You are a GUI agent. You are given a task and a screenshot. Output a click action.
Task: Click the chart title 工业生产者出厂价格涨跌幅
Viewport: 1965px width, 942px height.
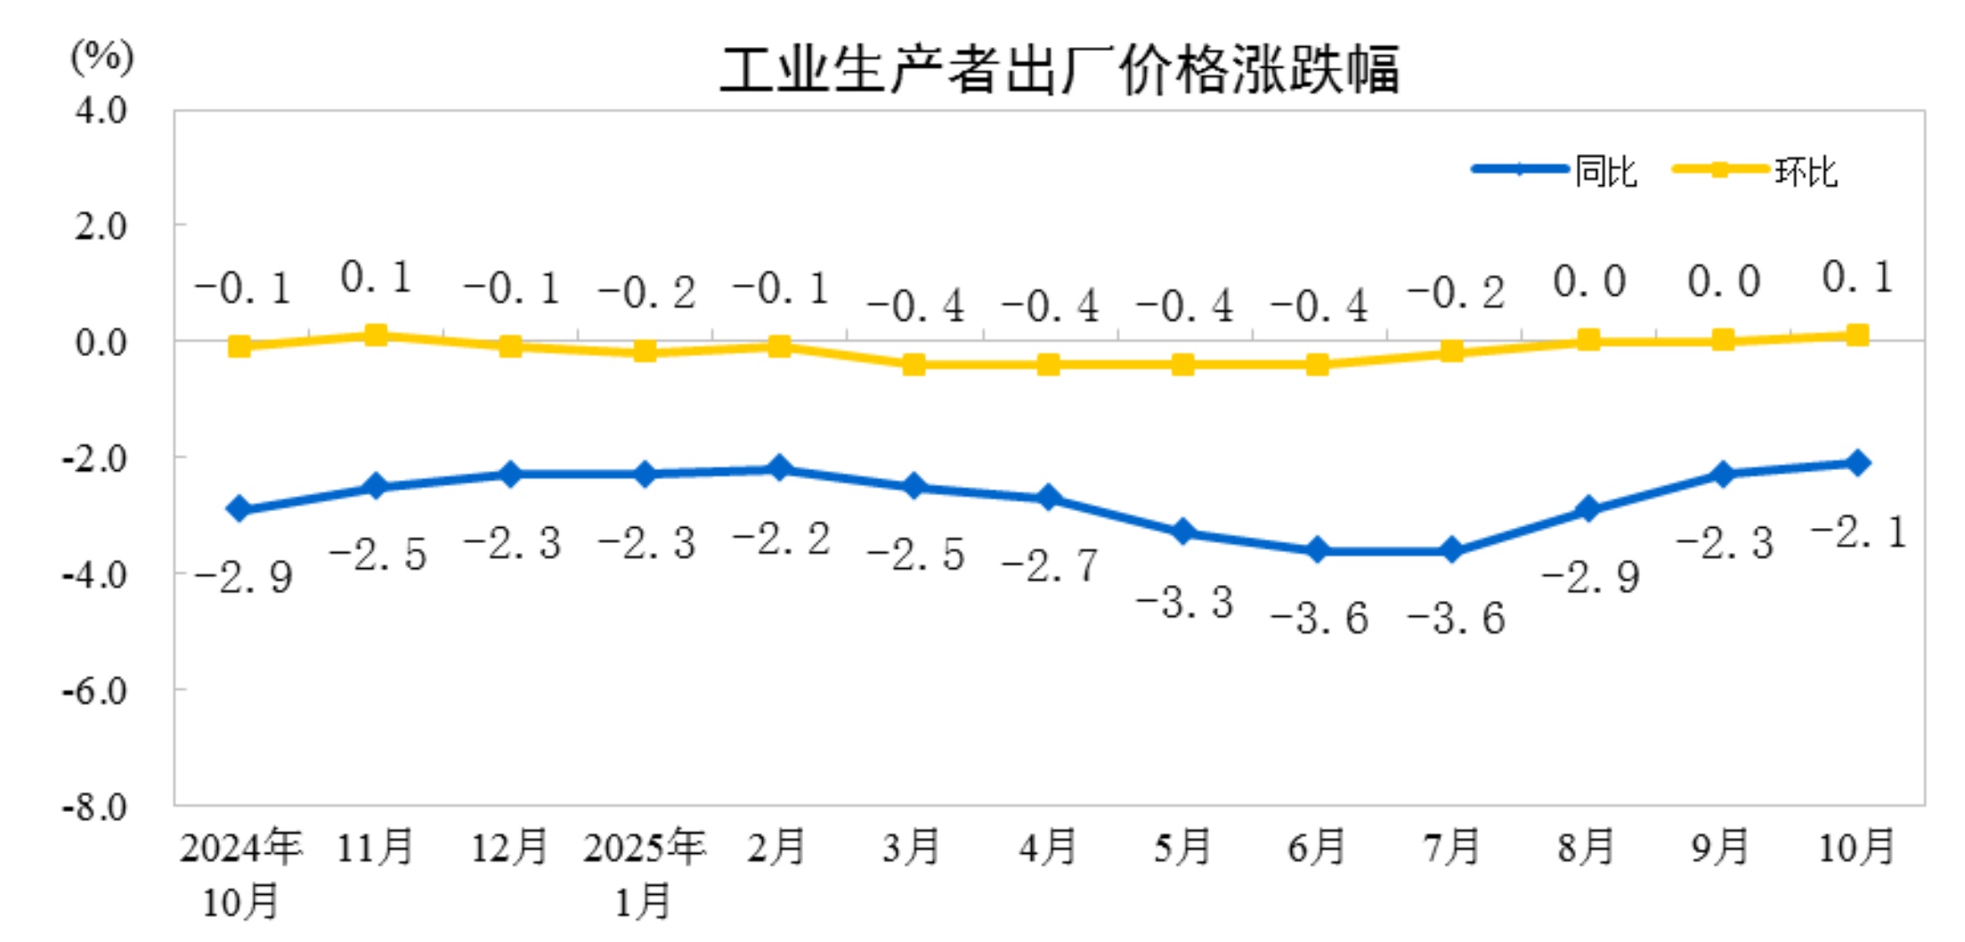1060,69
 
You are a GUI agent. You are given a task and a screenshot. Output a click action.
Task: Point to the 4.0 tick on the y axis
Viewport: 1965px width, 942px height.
101,110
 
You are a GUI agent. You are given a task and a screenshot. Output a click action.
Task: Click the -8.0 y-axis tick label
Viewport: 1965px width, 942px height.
95,807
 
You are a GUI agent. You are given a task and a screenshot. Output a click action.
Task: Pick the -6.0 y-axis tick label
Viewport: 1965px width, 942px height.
95,691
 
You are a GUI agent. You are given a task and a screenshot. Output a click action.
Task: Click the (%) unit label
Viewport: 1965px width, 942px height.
102,57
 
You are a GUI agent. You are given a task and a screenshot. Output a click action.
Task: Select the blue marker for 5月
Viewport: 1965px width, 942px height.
1183,532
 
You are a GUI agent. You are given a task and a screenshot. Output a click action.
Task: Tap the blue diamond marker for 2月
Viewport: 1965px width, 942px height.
779,468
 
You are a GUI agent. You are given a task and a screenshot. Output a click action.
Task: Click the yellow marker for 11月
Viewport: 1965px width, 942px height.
376,336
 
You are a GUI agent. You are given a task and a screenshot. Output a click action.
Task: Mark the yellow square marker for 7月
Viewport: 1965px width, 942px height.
1452,352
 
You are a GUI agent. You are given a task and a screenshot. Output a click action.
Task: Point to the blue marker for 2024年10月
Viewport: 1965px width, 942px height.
240,508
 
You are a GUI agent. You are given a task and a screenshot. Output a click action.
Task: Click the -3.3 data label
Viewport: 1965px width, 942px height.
1185,603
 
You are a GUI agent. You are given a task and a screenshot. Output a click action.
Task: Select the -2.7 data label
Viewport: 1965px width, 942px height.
1051,565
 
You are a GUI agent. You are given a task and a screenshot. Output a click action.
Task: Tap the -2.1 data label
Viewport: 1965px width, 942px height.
1859,532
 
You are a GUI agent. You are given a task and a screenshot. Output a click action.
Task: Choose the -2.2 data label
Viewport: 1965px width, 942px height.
782,539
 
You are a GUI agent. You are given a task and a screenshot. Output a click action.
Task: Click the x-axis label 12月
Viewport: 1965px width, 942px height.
509,847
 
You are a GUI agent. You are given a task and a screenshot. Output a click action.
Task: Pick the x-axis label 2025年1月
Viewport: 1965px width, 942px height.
644,873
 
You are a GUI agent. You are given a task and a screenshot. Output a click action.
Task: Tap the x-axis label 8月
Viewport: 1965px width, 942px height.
1586,847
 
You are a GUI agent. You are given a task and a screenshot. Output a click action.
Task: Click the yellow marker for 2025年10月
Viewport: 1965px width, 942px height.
1857,336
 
